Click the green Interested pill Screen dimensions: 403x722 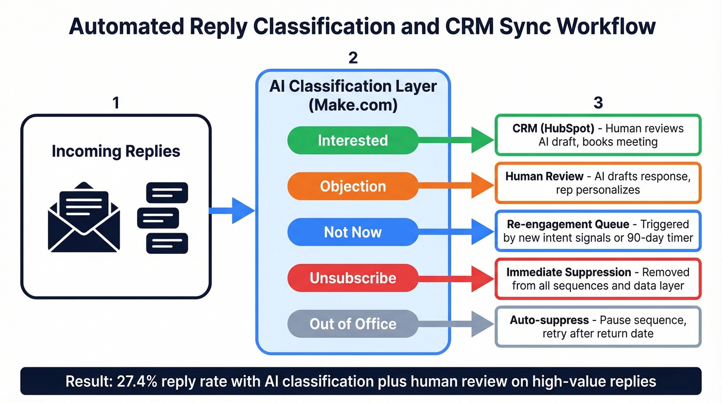point(353,140)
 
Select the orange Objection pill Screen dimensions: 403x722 point(353,186)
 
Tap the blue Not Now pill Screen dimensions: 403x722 point(353,232)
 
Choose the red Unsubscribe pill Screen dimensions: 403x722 point(353,278)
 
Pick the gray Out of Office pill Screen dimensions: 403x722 point(353,324)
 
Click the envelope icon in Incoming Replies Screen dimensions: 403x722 point(84,217)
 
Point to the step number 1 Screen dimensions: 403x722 point(116,103)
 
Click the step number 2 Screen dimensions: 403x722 point(353,58)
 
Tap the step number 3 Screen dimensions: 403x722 point(598,103)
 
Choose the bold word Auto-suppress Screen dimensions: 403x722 point(549,320)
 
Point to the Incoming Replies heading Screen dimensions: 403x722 point(116,151)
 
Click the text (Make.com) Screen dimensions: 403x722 point(353,105)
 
